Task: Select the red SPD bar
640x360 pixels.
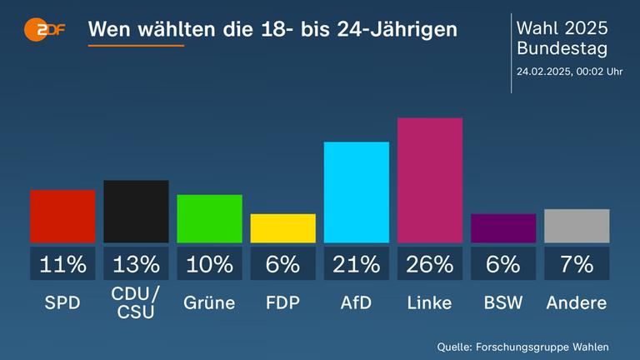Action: pos(62,217)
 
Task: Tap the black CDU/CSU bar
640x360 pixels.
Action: pos(136,212)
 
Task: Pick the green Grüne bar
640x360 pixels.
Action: pos(209,218)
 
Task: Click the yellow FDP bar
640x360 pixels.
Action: pos(282,228)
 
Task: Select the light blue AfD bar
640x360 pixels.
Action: pos(356,192)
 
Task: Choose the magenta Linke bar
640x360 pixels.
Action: pos(430,180)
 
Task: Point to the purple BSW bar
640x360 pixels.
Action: pos(503,228)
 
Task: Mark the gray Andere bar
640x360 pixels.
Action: pos(577,226)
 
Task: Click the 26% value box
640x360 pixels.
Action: pos(430,264)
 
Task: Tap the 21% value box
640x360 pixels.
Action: pos(356,264)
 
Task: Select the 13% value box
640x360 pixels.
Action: pos(136,264)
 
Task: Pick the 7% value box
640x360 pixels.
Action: pos(577,264)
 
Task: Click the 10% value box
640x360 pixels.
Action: pos(209,264)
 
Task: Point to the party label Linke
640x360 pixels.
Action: pos(430,302)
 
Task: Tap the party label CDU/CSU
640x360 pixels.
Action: pos(136,302)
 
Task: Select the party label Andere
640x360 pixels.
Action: pos(577,302)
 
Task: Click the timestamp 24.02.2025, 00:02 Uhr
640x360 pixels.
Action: pos(569,71)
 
